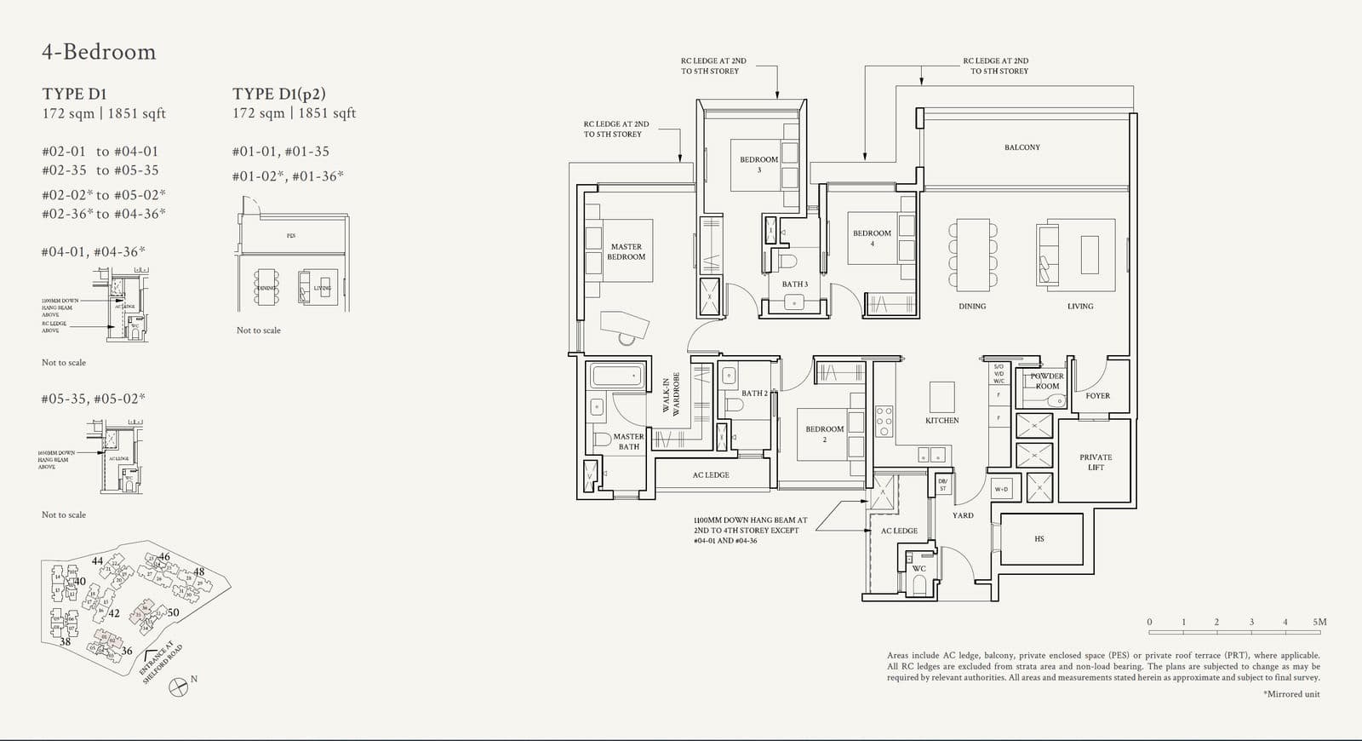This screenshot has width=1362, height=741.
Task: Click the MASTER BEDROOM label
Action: (x=626, y=251)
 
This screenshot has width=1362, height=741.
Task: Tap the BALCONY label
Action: (x=1021, y=147)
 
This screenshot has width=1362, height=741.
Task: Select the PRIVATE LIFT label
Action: (x=1096, y=462)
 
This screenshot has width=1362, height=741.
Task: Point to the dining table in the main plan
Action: (x=972, y=255)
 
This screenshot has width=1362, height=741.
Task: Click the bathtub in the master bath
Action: (x=614, y=376)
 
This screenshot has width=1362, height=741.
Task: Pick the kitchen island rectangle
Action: (x=941, y=397)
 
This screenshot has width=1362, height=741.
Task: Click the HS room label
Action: (x=1039, y=539)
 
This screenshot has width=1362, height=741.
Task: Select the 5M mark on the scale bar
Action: (x=1319, y=623)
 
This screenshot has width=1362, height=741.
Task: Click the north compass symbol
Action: (x=179, y=686)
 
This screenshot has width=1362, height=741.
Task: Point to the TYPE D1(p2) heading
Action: (x=279, y=94)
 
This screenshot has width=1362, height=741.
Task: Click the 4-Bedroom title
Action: (x=99, y=52)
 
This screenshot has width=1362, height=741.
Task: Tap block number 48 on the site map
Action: (x=199, y=572)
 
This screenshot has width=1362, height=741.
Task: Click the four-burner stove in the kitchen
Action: (x=884, y=421)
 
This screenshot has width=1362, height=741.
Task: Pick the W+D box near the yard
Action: (x=1001, y=489)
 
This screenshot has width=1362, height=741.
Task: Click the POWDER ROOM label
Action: (x=1047, y=381)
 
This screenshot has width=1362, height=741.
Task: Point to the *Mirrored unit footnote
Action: (x=1291, y=694)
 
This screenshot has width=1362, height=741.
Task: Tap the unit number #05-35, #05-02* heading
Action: (x=94, y=399)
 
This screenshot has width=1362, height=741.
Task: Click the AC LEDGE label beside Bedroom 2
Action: (x=710, y=475)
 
